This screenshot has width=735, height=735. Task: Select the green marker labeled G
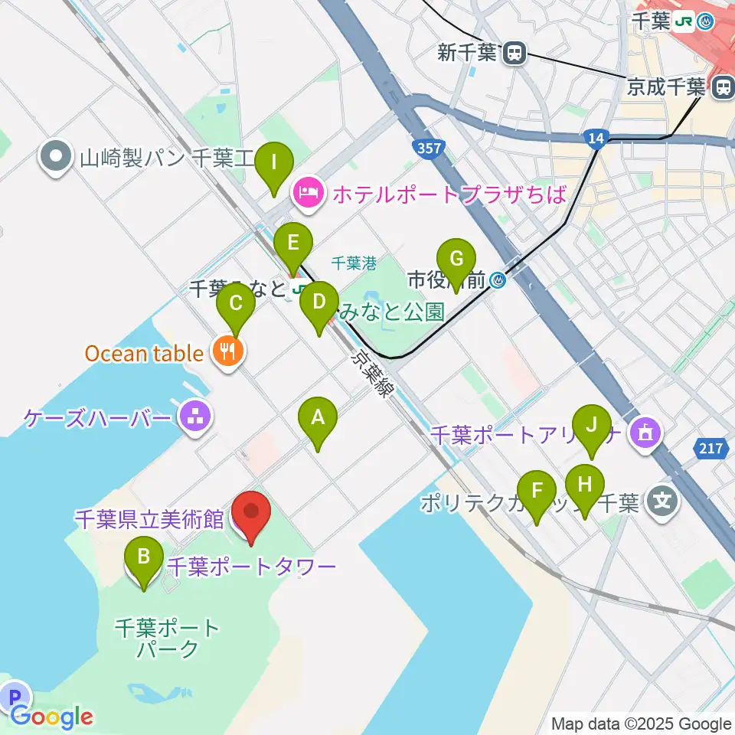[x=456, y=260]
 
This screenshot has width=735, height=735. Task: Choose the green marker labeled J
[x=591, y=425]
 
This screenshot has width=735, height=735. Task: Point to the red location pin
[x=251, y=513]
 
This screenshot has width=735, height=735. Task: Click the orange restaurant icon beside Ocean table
[x=227, y=353]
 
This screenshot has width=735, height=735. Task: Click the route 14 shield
[x=595, y=137]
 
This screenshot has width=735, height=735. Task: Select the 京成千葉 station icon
[x=721, y=87]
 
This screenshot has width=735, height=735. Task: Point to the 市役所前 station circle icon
[x=498, y=281]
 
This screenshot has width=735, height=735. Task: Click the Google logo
[x=52, y=717]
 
